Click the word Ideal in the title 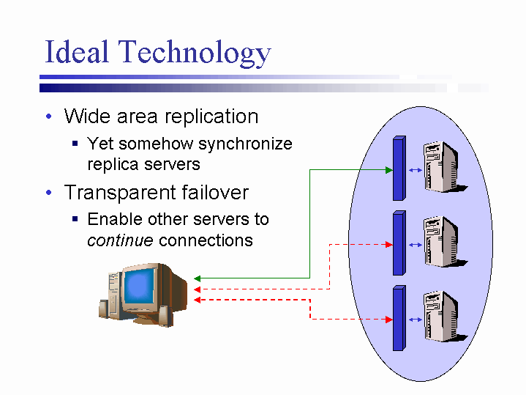[77, 52]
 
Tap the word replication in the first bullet [212, 117]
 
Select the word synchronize [245, 144]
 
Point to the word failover [214, 193]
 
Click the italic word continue [120, 240]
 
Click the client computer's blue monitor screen [143, 287]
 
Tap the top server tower [441, 166]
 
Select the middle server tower [441, 242]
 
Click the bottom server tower [441, 317]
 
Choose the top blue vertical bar [398, 169]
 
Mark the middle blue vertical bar [398, 243]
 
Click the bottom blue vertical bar [398, 318]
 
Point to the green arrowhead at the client [198, 278]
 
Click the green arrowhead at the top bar [388, 170]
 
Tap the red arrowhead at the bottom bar [388, 320]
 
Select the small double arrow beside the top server [415, 170]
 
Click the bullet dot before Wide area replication [48, 117]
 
